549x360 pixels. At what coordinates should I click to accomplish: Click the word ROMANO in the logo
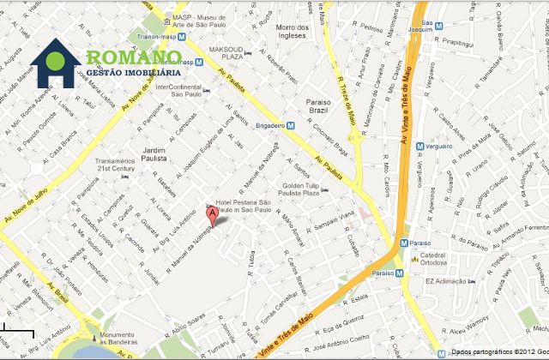click(133, 59)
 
